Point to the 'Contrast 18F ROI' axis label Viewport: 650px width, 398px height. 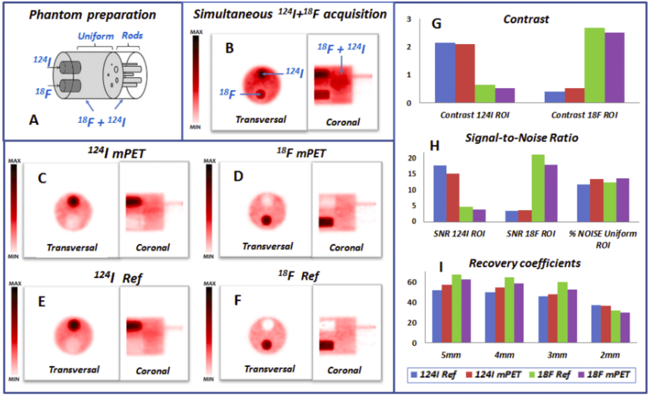(x=584, y=114)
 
